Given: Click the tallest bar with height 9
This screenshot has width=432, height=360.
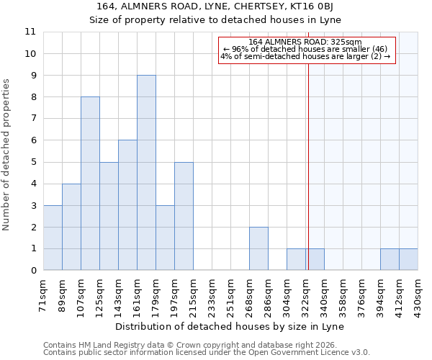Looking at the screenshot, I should [x=146, y=173].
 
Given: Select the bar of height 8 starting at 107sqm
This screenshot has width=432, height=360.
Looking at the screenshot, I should [x=90, y=184].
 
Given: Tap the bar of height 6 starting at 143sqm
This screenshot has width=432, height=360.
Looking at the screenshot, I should [x=127, y=205].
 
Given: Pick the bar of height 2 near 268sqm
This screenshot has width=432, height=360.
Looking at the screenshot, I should [x=258, y=248].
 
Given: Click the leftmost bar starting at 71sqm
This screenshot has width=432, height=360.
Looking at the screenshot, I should [x=53, y=238].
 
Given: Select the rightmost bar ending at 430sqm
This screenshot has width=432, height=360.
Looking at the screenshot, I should [x=408, y=259].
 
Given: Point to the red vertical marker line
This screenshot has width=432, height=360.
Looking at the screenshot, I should [x=308, y=166].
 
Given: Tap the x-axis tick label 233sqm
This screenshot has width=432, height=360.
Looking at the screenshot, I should [x=212, y=294].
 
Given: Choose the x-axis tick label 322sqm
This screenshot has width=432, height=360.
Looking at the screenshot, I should [x=306, y=294].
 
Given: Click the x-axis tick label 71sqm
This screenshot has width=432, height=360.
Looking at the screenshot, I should [x=44, y=294].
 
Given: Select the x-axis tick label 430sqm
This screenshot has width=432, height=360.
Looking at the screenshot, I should [x=418, y=294].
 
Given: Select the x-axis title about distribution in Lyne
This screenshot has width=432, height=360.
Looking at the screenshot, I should [x=230, y=326].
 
